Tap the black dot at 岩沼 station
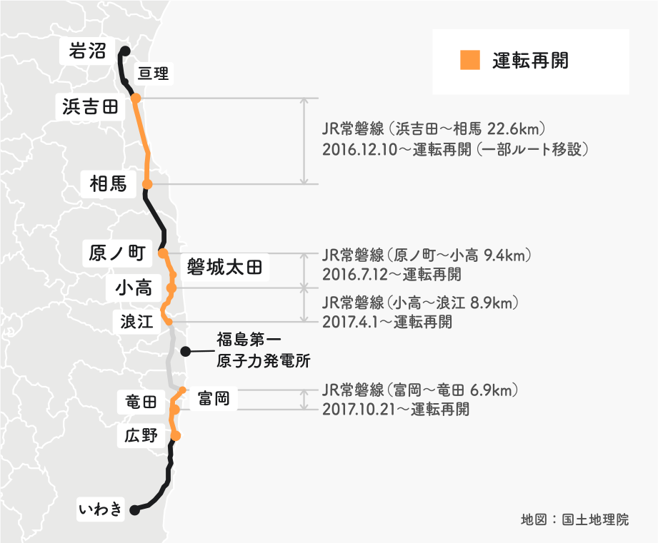[x=124, y=51]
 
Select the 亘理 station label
[x=154, y=73]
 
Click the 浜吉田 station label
[x=90, y=107]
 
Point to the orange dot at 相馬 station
[x=147, y=184]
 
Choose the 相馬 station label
[x=109, y=184]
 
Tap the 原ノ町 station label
[x=118, y=253]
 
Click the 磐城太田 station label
[x=224, y=268]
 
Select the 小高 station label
[x=133, y=288]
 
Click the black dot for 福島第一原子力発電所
[x=185, y=351]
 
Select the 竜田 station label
[x=140, y=402]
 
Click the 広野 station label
[x=140, y=435]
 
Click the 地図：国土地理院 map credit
[x=575, y=519]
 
